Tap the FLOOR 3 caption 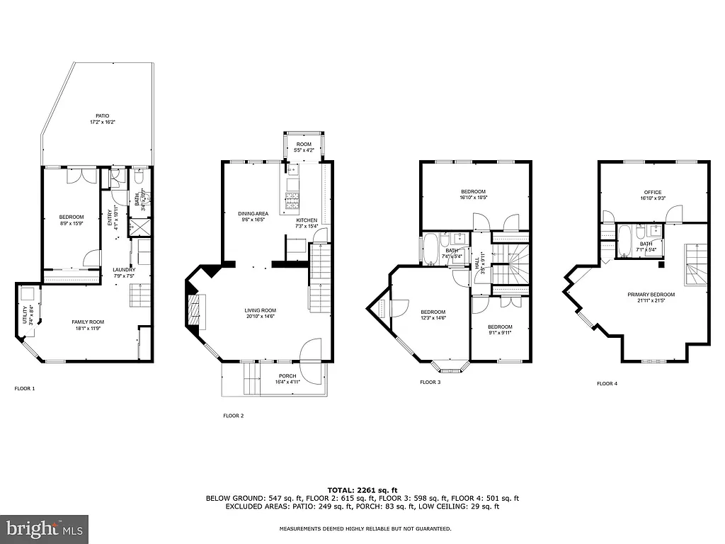click(430, 382)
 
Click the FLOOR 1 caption click(25, 388)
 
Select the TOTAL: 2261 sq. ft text click(362, 490)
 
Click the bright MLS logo click(44, 528)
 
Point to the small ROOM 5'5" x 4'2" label click(303, 147)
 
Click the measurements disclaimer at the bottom click(365, 528)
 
